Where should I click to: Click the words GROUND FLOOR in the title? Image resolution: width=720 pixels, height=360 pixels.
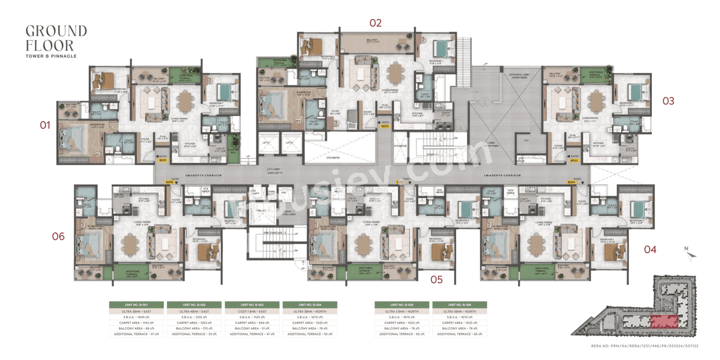coord(56,38)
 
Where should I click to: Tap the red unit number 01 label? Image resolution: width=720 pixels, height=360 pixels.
coord(45,125)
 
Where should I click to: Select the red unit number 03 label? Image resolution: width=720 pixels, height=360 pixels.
coord(668,101)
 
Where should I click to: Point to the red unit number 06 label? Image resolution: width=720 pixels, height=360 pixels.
coord(58,236)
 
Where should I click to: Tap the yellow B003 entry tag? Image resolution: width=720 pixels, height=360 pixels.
coord(574,160)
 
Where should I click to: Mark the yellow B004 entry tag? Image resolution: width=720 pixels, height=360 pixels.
coord(571,182)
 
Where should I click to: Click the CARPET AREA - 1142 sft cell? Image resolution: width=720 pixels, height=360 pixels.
coord(136,323)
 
